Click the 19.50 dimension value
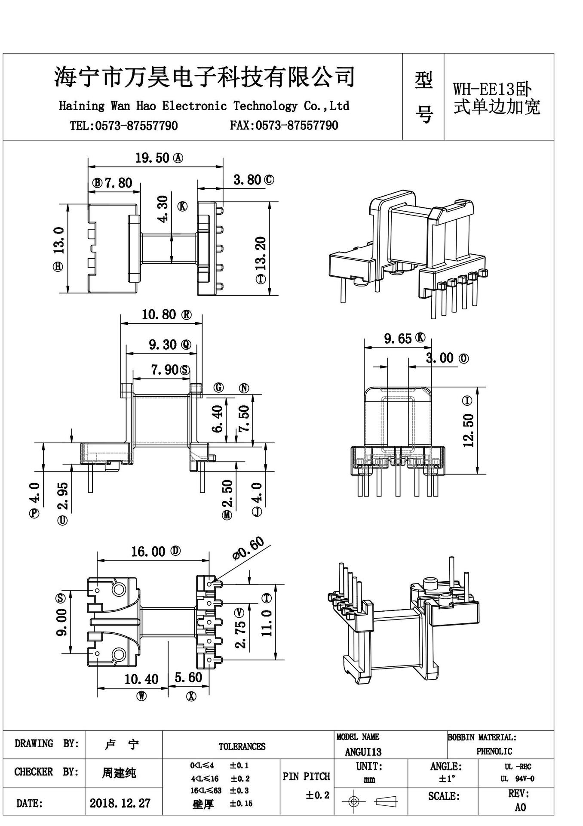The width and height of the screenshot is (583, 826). click(152, 158)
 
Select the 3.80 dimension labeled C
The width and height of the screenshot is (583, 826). click(247, 180)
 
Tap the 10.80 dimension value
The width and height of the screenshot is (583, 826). click(159, 315)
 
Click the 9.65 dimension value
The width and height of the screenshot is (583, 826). click(398, 339)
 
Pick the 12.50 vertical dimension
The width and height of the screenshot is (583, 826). click(469, 430)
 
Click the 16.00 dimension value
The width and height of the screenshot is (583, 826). click(148, 552)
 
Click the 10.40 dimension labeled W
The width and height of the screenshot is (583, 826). click(141, 679)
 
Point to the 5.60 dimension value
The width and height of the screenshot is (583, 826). click(188, 678)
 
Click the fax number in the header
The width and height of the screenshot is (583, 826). click(284, 126)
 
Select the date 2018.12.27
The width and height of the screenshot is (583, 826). click(120, 803)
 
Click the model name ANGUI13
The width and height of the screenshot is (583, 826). click(363, 752)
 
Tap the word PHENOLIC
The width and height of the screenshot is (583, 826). click(494, 752)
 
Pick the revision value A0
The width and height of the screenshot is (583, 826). click(520, 808)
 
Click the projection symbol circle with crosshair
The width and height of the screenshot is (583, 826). click(353, 801)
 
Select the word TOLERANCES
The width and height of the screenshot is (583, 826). click(242, 746)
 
